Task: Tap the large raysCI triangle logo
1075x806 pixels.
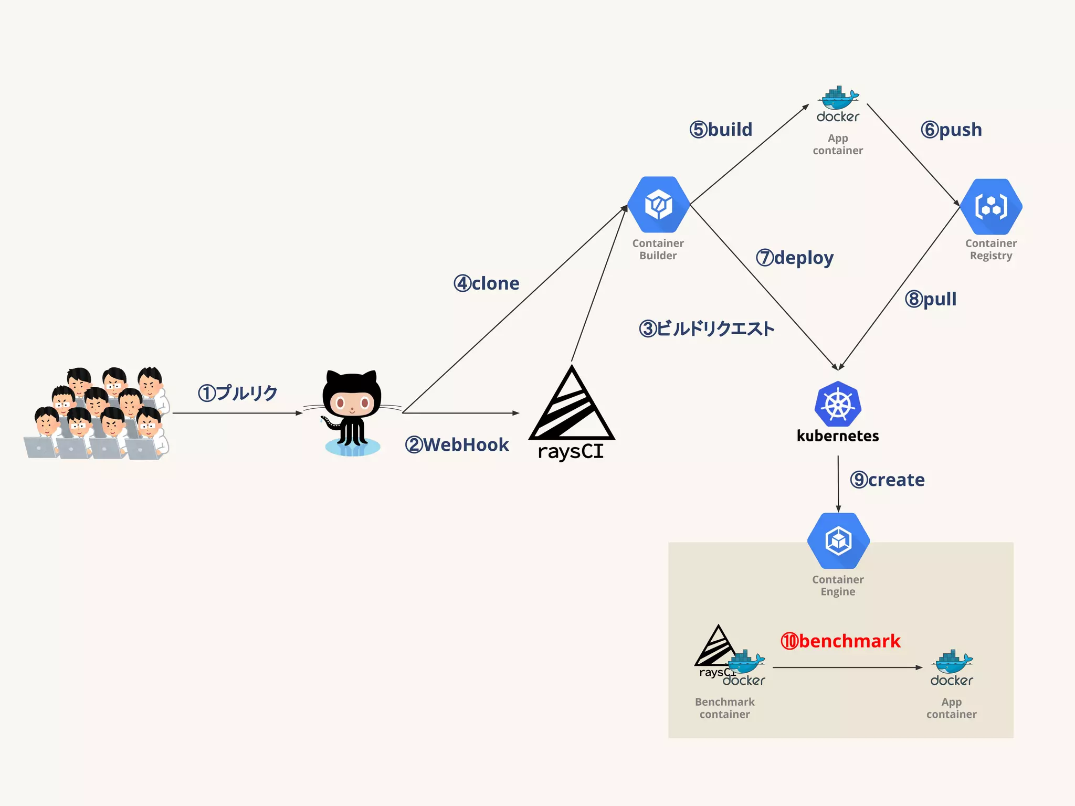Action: click(572, 407)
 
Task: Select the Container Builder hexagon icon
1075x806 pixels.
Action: click(658, 205)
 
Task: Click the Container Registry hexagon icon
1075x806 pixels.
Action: click(991, 206)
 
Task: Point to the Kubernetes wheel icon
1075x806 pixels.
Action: click(838, 404)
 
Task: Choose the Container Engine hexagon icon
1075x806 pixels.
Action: click(838, 540)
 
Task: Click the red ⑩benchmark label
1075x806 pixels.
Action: click(840, 641)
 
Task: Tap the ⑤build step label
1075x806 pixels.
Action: click(721, 129)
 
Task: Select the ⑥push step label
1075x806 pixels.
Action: click(951, 129)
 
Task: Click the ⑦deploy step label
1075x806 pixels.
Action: click(795, 258)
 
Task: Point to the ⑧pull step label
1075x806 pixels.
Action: click(931, 299)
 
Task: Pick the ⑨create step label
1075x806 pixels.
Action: click(887, 480)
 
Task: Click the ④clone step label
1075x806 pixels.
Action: click(487, 283)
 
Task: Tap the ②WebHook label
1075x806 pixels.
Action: click(457, 445)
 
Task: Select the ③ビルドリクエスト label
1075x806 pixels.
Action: click(707, 329)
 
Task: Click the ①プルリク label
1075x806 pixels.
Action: click(238, 393)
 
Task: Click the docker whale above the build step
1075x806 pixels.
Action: click(838, 98)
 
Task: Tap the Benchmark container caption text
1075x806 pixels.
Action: click(724, 708)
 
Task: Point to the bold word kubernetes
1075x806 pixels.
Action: click(838, 436)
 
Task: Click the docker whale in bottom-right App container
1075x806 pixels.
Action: click(952, 662)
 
